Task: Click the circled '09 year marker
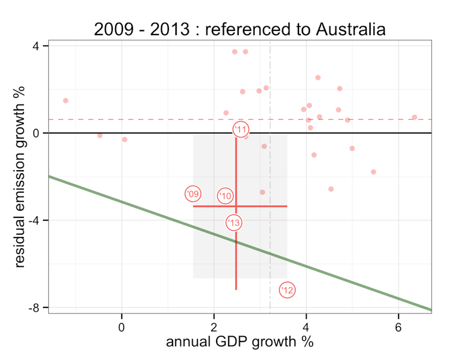coord(192,194)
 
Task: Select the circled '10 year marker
coord(225,196)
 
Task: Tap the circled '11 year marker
coord(241,130)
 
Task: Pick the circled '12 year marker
coord(287,290)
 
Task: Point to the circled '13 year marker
coord(234,223)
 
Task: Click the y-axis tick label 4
coord(36,46)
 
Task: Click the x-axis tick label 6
coord(399,327)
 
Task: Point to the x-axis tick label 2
coord(214,327)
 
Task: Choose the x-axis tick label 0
coord(122,327)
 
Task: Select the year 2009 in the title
coord(114,29)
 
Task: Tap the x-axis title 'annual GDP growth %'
coord(239,343)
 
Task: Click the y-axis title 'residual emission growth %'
coord(20,177)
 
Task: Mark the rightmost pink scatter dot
coord(414,117)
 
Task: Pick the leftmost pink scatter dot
coord(66,101)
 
